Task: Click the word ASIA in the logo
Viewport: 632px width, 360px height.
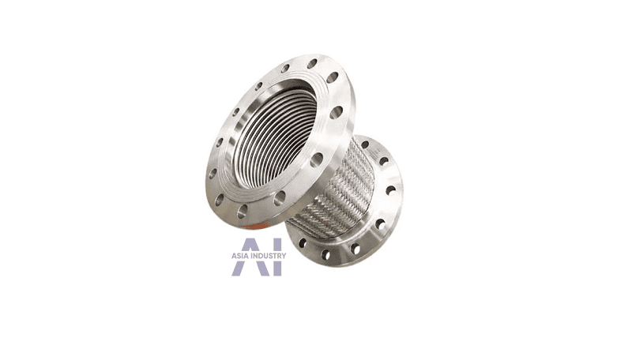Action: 240,256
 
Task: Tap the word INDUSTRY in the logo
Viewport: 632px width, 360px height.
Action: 269,256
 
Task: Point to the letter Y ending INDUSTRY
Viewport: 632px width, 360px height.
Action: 284,256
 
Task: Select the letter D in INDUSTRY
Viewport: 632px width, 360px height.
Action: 261,256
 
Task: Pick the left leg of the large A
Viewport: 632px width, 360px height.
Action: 237,268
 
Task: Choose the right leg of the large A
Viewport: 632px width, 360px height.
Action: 264,268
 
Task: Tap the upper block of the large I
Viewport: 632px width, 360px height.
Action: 277,245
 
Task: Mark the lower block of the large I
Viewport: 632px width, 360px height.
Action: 277,268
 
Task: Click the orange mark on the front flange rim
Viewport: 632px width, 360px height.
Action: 254,227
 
